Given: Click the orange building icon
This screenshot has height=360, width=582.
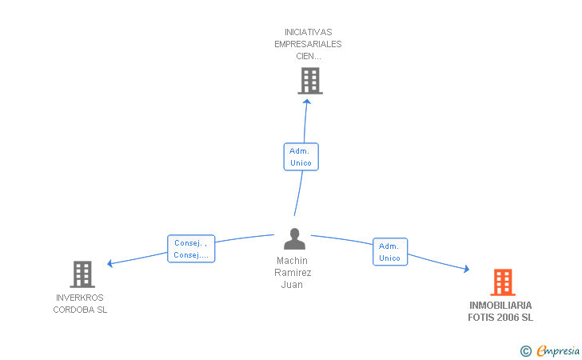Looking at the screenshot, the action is tap(503, 282).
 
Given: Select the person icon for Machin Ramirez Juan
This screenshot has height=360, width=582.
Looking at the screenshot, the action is tap(294, 239).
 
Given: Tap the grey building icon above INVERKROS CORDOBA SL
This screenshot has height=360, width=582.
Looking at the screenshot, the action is tap(82, 274).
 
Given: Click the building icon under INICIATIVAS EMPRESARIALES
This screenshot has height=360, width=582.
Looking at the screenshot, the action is tap(310, 81).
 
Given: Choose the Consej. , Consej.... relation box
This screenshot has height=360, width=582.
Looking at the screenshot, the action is tap(191, 249).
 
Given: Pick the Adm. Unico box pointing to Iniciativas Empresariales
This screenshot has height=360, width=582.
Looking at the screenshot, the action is tap(301, 157).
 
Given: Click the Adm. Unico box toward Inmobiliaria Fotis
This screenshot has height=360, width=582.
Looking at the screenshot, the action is tap(390, 252).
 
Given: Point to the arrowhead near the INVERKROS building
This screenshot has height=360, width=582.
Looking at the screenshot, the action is tap(110, 263).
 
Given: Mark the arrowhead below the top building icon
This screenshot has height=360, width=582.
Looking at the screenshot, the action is tap(307, 102).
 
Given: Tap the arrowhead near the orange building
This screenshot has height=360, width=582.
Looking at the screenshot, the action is tap(467, 269).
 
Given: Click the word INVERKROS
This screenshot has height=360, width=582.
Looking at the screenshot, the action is tap(80, 298).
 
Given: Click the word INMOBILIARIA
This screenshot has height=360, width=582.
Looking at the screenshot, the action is tap(500, 306).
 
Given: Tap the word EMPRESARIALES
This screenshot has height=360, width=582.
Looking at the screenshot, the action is tap(308, 44).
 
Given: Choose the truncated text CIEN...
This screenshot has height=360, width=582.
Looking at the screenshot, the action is tap(309, 57).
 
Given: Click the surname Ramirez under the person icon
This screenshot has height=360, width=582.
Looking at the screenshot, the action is tap(293, 273).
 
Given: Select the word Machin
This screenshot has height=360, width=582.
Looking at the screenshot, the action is tap(292, 261).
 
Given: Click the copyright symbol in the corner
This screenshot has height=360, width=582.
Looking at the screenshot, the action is tap(525, 351).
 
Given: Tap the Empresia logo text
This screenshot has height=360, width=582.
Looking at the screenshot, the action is tap(558, 351).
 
